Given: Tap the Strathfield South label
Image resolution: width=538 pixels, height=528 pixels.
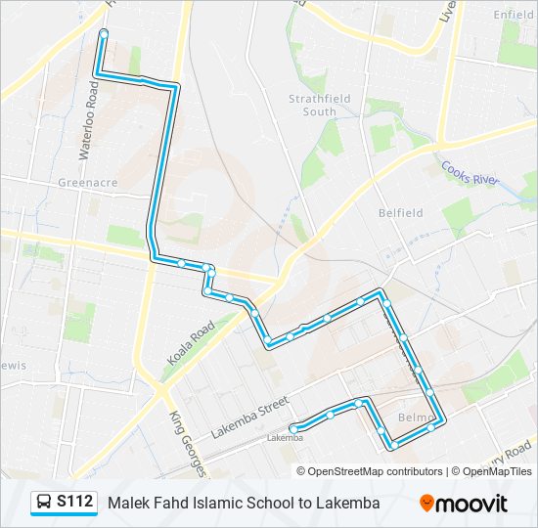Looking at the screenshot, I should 312,106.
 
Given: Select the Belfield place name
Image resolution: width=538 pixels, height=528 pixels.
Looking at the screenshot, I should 401,212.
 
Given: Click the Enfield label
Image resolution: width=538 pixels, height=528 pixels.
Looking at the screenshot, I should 514,15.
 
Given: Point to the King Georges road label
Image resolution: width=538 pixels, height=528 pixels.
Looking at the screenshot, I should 189,442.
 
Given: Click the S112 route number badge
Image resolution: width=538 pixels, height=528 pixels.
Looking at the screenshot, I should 75,503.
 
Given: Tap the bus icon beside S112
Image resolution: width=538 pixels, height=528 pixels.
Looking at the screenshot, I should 44,503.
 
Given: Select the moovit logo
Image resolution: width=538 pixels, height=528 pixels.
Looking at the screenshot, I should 464,503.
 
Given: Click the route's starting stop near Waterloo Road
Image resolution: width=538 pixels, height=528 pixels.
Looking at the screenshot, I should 103,34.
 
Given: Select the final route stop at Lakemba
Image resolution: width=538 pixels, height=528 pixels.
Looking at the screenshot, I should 293,427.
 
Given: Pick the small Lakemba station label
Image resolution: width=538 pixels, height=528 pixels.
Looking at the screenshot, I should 285,438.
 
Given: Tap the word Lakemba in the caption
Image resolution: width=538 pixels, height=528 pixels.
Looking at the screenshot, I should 350,503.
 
